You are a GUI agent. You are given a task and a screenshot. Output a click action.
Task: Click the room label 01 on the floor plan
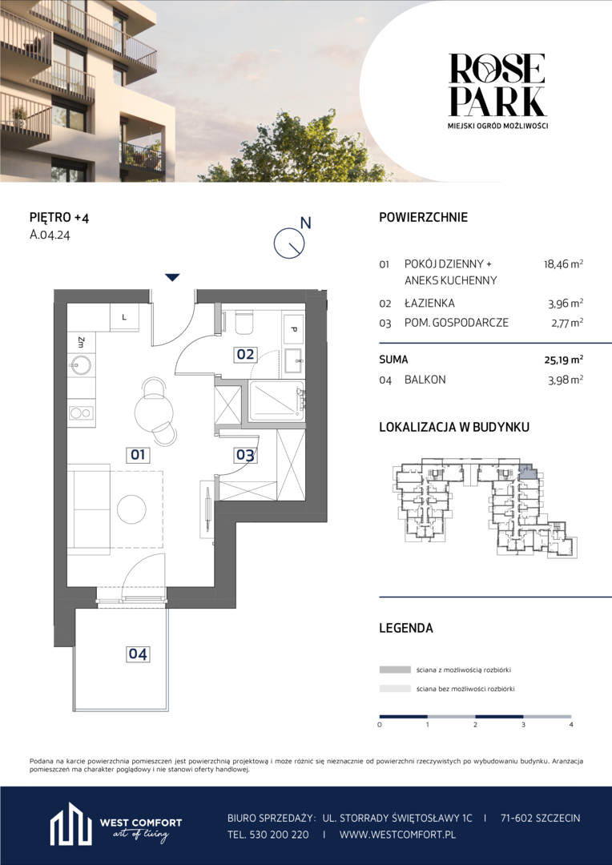pos(138,455)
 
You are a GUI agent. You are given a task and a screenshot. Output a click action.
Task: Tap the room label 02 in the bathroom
pos(245,354)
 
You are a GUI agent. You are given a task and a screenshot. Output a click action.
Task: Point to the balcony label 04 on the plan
pos(138,654)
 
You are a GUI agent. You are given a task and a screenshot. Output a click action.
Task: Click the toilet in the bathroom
pos(244,324)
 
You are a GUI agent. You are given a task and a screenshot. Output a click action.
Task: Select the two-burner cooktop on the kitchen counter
pos(81,412)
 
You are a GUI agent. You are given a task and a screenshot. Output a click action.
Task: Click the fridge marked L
pos(123,316)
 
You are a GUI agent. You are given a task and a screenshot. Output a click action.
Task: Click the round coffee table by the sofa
pos(132,508)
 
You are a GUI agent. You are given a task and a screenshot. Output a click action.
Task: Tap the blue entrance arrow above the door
pos(173,277)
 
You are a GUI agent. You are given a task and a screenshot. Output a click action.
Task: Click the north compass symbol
pos(289,242)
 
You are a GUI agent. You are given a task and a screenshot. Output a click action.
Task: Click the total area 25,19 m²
pos(562,360)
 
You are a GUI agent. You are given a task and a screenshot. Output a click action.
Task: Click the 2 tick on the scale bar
pos(475,724)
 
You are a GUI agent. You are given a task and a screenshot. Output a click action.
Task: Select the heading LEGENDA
pos(405,628)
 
